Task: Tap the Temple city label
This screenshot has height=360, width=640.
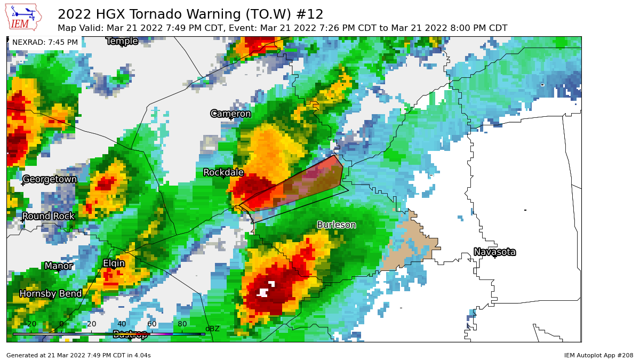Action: tap(122, 41)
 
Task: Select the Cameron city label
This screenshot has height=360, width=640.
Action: tap(230, 114)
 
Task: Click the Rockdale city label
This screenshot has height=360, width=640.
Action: tap(223, 172)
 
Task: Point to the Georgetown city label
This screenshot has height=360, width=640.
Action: tap(50, 179)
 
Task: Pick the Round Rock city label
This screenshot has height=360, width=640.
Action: tap(49, 216)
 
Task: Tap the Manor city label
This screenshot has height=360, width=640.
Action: tap(59, 266)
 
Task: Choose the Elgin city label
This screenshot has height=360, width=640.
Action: tap(114, 263)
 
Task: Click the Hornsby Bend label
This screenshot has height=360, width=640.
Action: tap(51, 293)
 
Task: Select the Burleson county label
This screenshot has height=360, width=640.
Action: tap(336, 225)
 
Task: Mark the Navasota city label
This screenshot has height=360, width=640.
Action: tap(494, 252)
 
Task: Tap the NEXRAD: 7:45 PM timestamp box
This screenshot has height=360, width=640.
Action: tap(45, 42)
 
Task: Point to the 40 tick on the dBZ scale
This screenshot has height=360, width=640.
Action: tap(122, 324)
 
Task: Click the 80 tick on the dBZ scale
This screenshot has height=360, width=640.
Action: tap(182, 324)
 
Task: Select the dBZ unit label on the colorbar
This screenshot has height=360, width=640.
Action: tap(212, 329)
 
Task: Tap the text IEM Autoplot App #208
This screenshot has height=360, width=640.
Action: tap(598, 355)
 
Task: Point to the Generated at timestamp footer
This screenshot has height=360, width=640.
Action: tap(78, 355)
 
